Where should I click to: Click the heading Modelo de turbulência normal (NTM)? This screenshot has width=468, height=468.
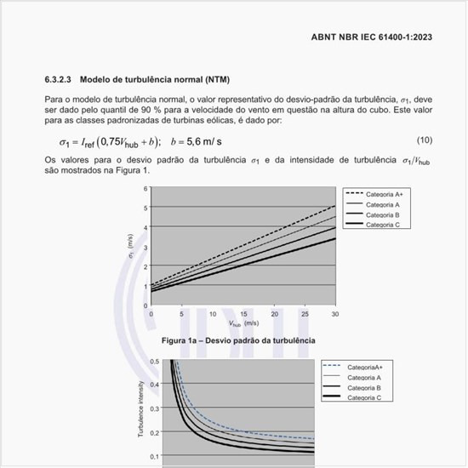(154, 80)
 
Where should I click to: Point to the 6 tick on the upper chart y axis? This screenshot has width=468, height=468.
(145, 188)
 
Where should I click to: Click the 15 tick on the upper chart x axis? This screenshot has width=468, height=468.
(243, 314)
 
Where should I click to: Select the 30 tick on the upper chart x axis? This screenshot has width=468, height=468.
(334, 314)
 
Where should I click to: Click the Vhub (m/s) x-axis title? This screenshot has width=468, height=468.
(243, 324)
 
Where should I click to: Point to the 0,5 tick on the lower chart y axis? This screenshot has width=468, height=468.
(153, 362)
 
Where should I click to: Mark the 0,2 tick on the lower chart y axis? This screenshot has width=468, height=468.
(153, 432)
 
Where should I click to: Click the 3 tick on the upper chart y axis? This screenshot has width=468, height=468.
(145, 247)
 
